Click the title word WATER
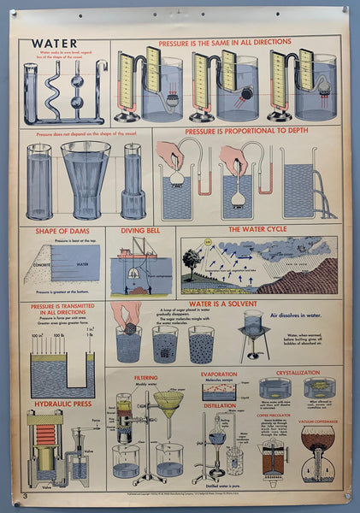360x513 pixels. coord(52,44)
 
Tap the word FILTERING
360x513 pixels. coord(146,377)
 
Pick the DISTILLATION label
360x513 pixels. coord(219,407)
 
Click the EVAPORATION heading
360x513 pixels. coord(219,374)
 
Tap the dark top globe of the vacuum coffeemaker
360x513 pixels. coord(317,438)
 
